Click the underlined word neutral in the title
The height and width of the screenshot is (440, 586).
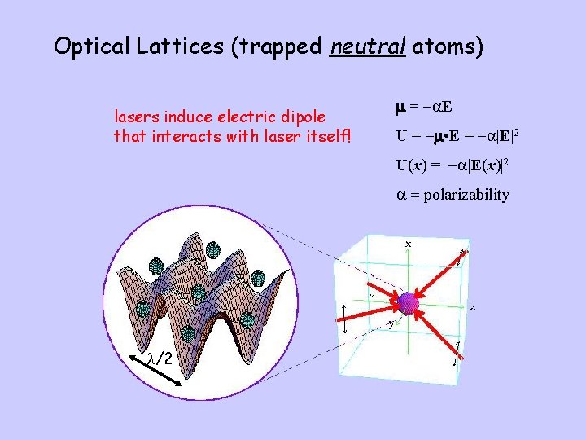point(368,46)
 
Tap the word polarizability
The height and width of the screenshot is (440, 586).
point(466,195)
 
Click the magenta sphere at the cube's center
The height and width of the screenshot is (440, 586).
point(407,304)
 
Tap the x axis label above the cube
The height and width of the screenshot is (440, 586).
point(408,244)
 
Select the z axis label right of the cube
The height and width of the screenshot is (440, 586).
point(473,307)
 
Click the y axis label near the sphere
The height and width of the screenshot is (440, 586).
point(391,323)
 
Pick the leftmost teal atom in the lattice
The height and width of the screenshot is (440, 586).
point(144,308)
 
